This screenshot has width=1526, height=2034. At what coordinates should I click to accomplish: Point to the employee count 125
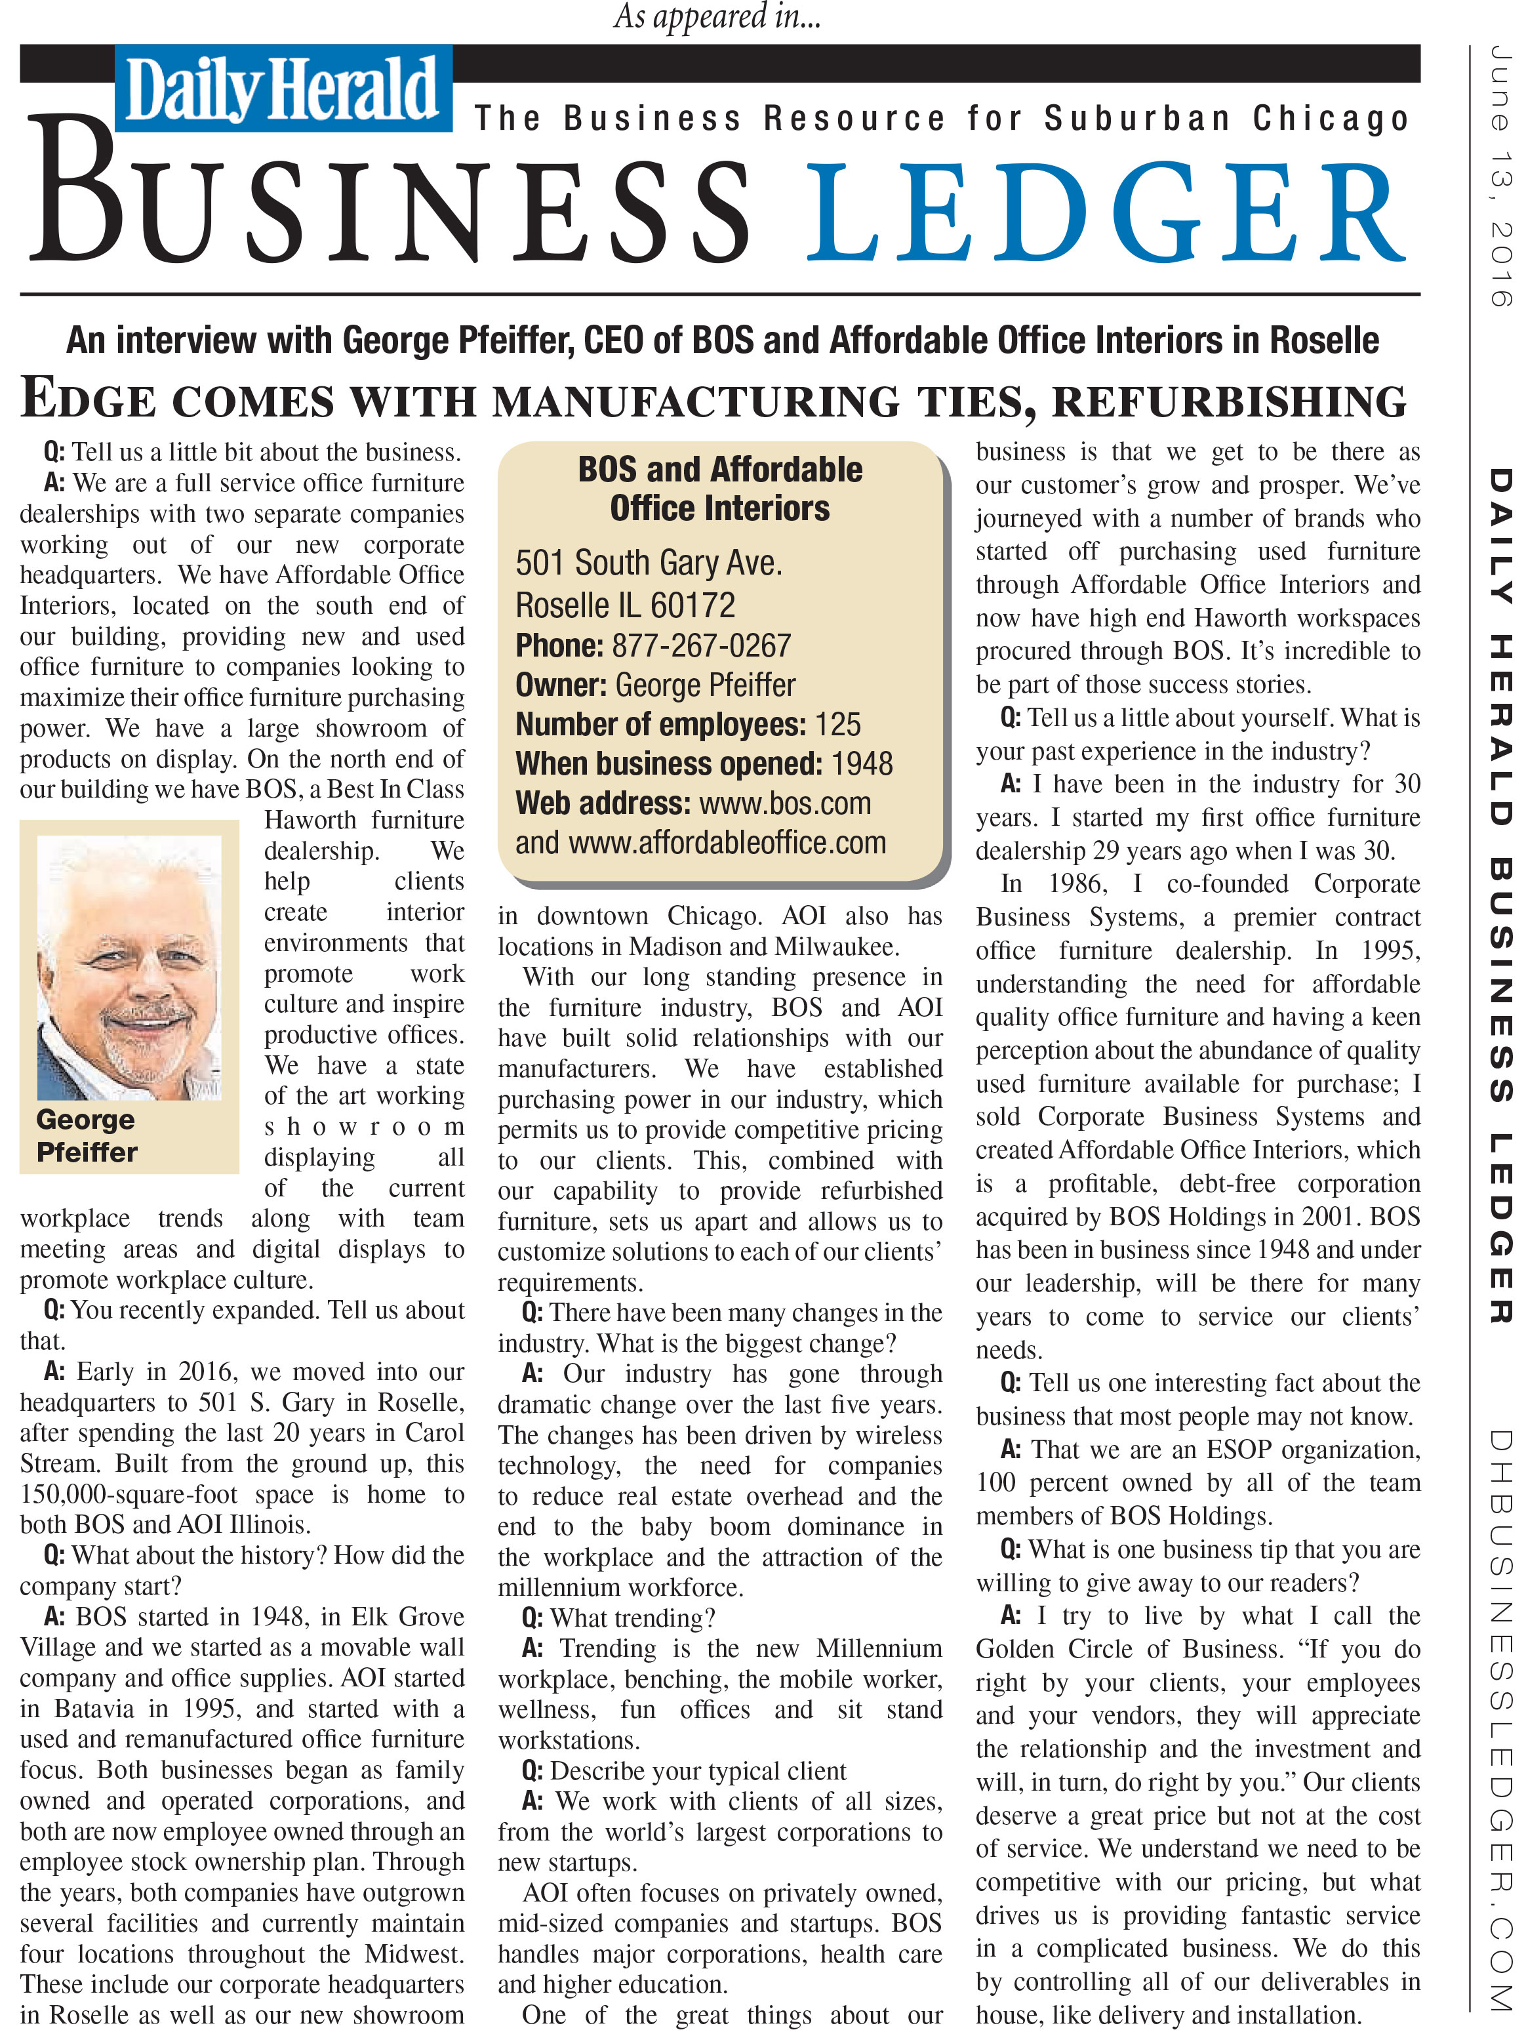pyautogui.click(x=837, y=725)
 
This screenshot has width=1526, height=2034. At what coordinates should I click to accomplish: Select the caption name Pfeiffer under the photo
pyautogui.click(x=87, y=1152)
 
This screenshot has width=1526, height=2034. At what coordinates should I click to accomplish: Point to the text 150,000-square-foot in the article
pyautogui.click(x=128, y=1495)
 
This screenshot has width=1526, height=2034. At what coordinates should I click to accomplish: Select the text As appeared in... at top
pyautogui.click(x=716, y=16)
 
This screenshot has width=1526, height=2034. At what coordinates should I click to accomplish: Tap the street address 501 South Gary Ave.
pyautogui.click(x=648, y=563)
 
